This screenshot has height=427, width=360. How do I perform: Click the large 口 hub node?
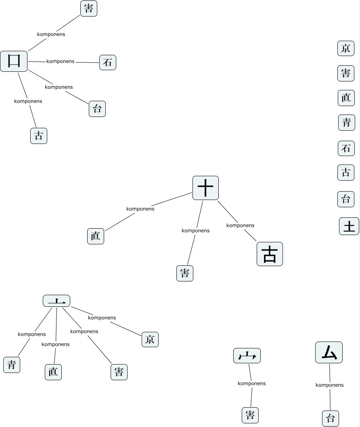click(x=14, y=61)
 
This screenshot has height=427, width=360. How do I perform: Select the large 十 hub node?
click(x=205, y=188)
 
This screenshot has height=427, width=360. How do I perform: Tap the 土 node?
click(x=349, y=226)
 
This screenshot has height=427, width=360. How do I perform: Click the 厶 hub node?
click(x=329, y=353)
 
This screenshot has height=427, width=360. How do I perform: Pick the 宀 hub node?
click(x=247, y=356)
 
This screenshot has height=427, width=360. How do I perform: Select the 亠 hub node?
click(x=57, y=301)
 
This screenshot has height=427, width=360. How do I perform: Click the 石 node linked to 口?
click(x=108, y=62)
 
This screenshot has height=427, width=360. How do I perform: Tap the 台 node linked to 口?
click(x=97, y=109)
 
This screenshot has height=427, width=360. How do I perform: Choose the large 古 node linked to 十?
click(x=270, y=254)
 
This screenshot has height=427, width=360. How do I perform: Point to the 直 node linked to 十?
click(x=96, y=236)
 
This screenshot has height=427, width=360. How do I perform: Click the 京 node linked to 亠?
click(x=150, y=340)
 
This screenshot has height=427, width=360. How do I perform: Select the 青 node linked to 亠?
click(x=12, y=365)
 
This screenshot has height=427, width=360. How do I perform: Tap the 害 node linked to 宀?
click(x=250, y=415)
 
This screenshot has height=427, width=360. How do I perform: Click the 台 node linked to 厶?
click(x=331, y=418)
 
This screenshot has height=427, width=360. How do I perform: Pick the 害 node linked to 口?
click(x=89, y=8)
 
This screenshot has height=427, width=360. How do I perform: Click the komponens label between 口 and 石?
click(x=61, y=61)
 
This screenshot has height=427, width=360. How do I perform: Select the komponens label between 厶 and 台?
click(x=329, y=385)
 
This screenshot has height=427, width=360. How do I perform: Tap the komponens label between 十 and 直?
click(x=140, y=209)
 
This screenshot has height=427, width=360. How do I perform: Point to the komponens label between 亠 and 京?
click(x=102, y=318)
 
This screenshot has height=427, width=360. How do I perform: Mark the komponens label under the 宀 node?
click(x=251, y=383)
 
